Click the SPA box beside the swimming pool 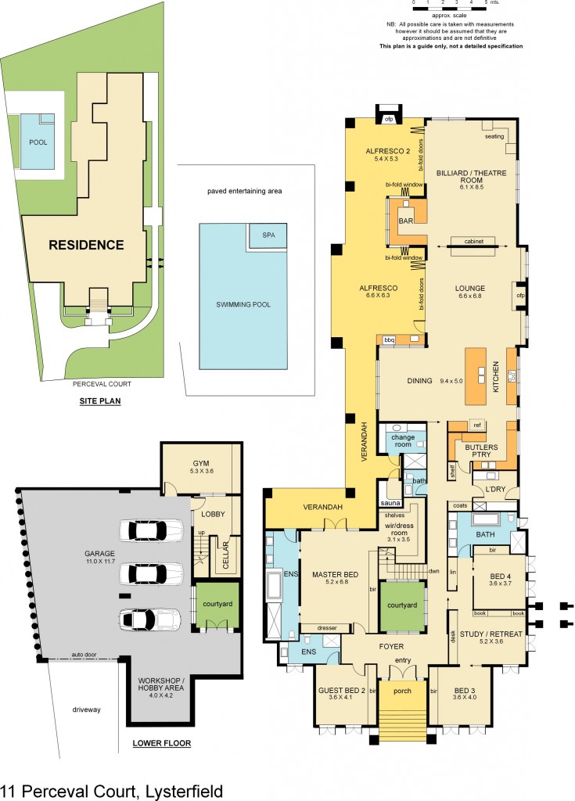pos(268,235)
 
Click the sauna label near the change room pos(390,502)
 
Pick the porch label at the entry pos(402,691)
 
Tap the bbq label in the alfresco pos(390,339)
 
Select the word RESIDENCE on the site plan pos(86,245)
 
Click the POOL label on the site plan pos(38,142)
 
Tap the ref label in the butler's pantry pos(477,425)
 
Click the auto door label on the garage pos(84,654)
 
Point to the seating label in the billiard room pos(494,137)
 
